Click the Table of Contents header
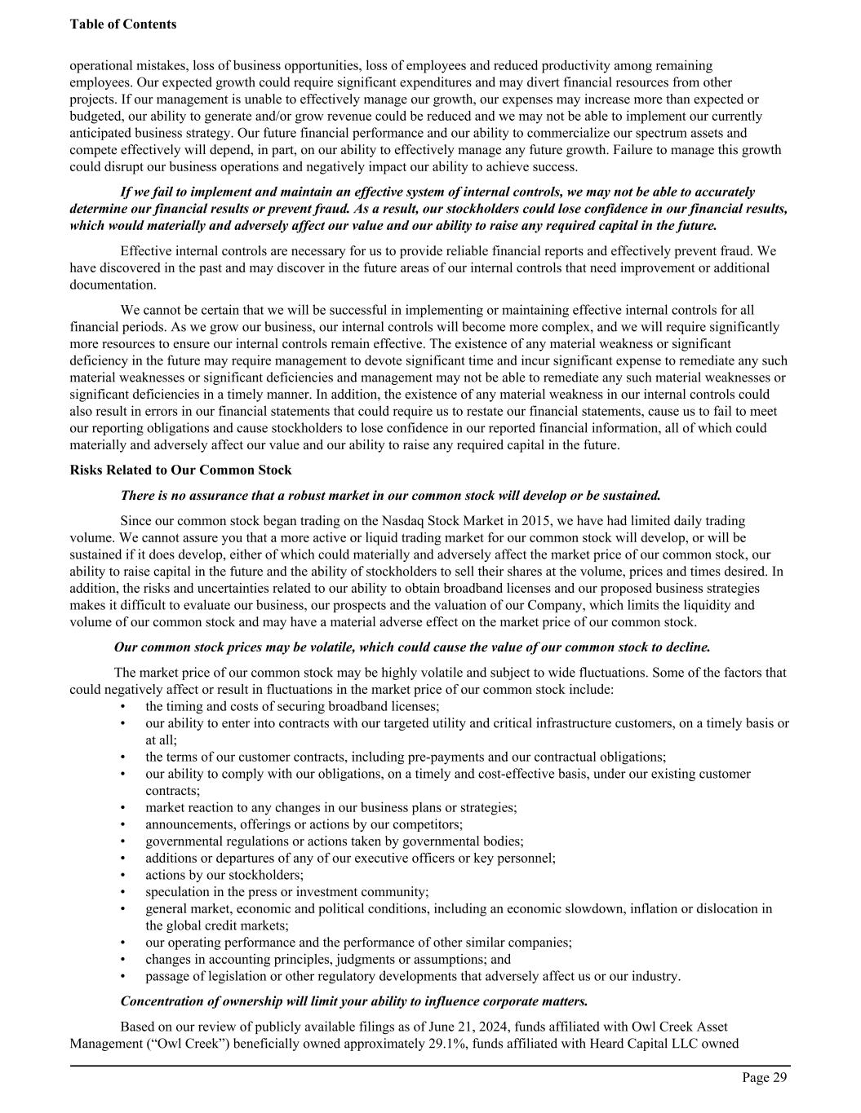click(x=122, y=24)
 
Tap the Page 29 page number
click(x=764, y=1078)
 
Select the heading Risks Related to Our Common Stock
click(x=180, y=470)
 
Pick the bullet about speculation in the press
click(x=286, y=891)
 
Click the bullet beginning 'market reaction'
click(x=331, y=807)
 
